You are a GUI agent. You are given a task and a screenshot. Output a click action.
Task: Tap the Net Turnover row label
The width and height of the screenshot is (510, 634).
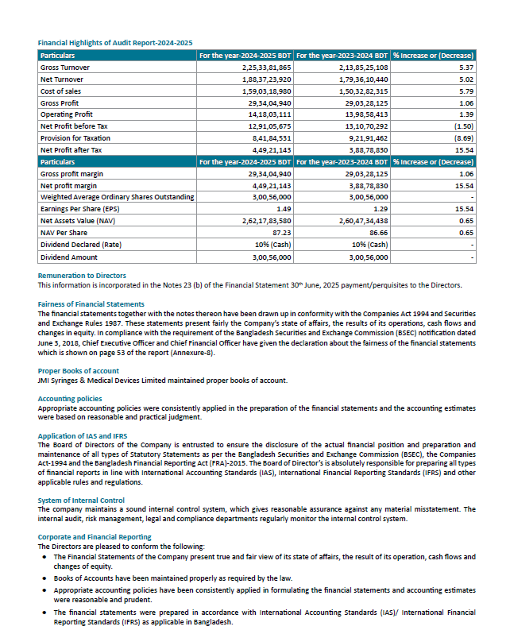[63, 80]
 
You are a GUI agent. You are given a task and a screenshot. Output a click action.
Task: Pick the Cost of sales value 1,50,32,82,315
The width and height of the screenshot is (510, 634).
[361, 92]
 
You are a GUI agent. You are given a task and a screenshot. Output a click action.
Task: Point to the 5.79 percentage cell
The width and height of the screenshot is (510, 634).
[466, 92]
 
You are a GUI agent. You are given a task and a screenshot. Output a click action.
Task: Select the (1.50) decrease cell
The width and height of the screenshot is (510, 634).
[463, 126]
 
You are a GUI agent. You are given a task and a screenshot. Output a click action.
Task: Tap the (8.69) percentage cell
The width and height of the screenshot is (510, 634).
[463, 138]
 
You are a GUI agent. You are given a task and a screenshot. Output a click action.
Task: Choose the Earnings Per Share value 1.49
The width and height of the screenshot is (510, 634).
[283, 208]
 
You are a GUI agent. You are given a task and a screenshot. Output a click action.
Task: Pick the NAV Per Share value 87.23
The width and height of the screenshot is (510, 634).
[281, 232]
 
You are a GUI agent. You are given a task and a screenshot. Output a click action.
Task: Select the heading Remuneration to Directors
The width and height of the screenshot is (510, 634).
[82, 276]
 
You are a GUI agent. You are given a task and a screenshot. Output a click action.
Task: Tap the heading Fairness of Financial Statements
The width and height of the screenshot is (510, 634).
[91, 304]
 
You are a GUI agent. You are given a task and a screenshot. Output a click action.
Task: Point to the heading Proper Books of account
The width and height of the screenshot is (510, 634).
[78, 370]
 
